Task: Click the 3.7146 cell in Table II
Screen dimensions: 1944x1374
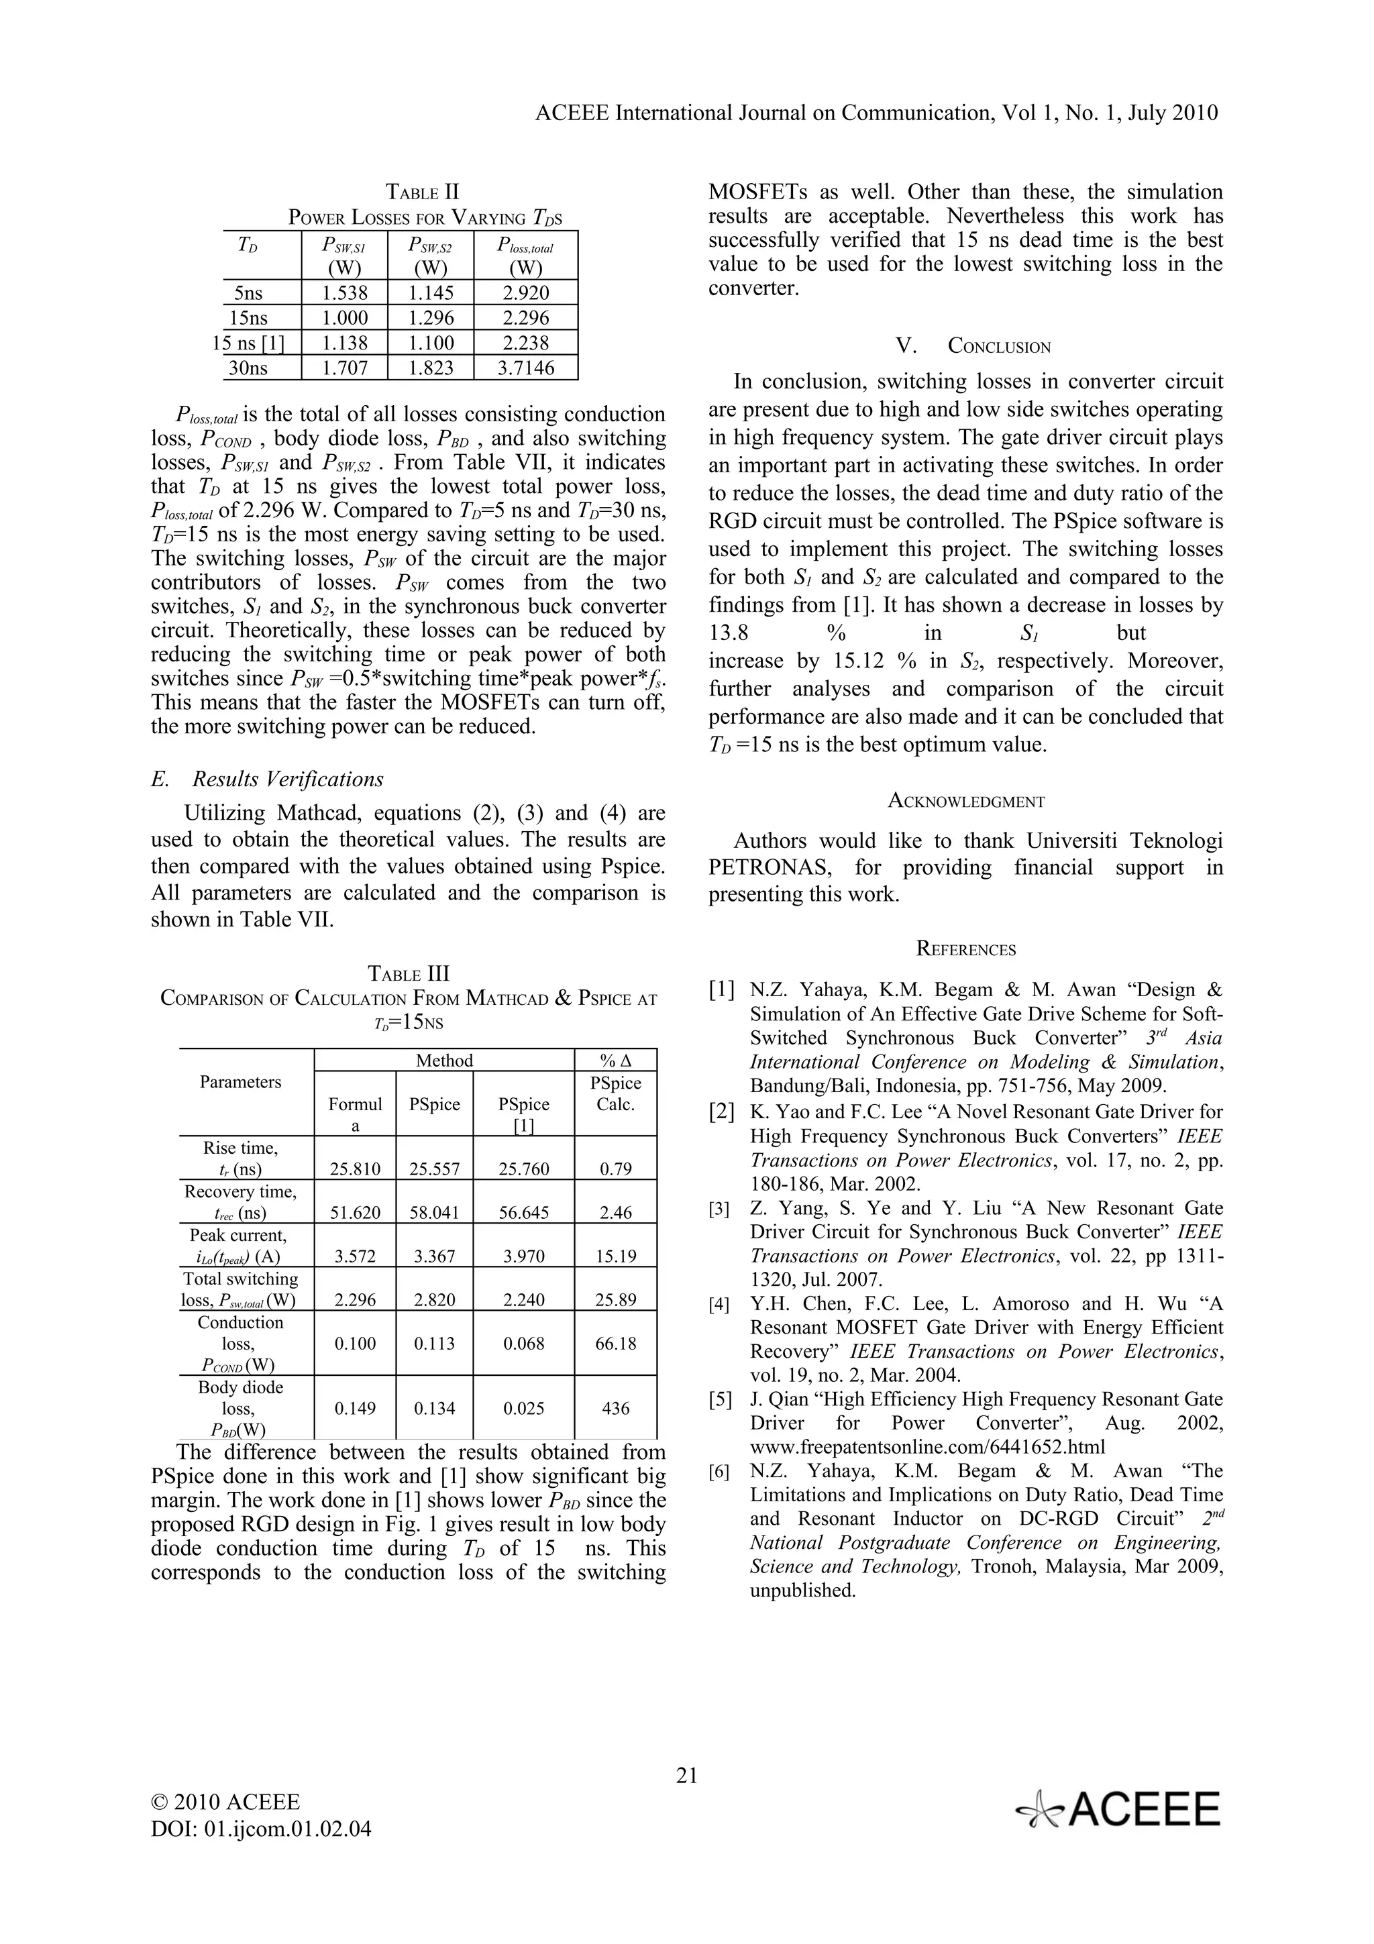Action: click(526, 368)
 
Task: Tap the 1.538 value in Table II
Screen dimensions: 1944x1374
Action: click(345, 293)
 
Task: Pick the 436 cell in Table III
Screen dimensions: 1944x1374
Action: click(615, 1408)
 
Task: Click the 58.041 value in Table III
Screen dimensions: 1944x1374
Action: click(434, 1212)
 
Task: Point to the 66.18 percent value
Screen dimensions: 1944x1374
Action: click(615, 1343)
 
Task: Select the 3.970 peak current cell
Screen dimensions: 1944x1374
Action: click(523, 1256)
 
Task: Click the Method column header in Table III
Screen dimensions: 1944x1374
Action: click(443, 1060)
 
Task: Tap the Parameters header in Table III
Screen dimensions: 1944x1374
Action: click(240, 1082)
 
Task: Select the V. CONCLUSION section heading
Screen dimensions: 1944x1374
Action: click(973, 346)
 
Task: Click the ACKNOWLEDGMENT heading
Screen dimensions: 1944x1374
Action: click(966, 801)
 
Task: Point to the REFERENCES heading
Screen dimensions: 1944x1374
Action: click(966, 950)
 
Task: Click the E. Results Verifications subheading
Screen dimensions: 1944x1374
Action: click(266, 779)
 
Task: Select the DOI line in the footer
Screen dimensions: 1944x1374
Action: click(261, 1829)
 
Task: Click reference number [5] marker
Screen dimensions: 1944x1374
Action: click(721, 1399)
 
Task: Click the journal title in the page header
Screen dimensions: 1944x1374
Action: click(876, 113)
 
